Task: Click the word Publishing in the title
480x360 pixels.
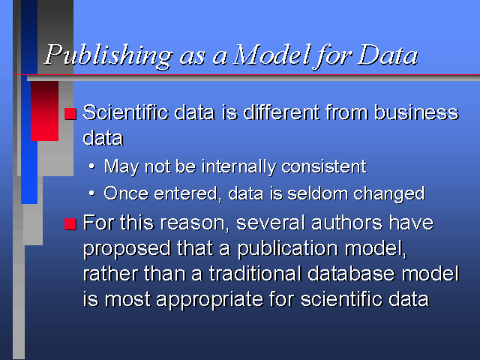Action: [109, 56]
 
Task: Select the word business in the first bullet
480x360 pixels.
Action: [416, 112]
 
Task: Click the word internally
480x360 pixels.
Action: [238, 167]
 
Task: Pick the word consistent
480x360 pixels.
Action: [324, 166]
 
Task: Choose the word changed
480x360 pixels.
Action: [389, 194]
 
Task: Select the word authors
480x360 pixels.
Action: [346, 223]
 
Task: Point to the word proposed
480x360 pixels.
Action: [127, 248]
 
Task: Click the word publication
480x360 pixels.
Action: [288, 248]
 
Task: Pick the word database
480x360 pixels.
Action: [351, 273]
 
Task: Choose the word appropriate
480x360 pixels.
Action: [209, 300]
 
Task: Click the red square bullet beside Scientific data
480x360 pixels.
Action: [70, 113]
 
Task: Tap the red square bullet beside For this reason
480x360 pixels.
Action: [70, 223]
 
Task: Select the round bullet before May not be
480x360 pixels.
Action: [91, 166]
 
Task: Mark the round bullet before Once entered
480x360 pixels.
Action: [91, 193]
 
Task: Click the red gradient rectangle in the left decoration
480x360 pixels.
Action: [45, 111]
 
